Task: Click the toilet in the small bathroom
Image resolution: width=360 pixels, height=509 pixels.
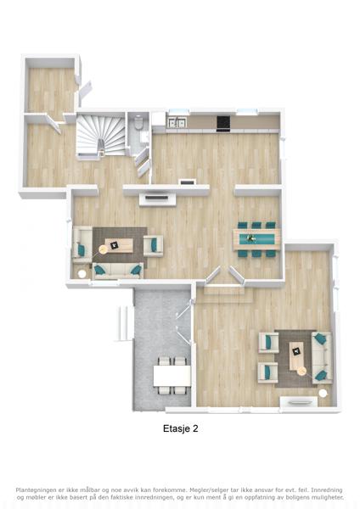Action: (x=138, y=123)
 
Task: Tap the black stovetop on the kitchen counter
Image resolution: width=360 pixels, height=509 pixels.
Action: (x=223, y=123)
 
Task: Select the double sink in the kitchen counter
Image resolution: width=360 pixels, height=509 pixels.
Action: (x=177, y=122)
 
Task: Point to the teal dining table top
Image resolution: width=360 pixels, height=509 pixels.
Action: (x=256, y=239)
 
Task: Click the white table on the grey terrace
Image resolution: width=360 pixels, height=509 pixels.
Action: (x=172, y=376)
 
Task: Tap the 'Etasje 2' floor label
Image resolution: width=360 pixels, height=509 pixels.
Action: (x=180, y=428)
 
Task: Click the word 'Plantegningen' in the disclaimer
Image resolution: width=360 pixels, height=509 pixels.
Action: (x=36, y=490)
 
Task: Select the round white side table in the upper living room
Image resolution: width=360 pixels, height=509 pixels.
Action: (x=82, y=274)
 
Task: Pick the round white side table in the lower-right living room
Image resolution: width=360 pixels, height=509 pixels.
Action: (x=323, y=393)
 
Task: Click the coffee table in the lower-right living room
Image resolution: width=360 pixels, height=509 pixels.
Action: (x=296, y=356)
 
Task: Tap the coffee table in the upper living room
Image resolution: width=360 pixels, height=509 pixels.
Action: (x=119, y=245)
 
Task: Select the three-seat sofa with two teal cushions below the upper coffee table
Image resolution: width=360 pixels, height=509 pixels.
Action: (x=118, y=271)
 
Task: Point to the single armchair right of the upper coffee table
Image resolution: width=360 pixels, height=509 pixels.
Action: (x=154, y=246)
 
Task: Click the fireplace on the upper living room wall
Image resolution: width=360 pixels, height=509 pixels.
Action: (x=158, y=199)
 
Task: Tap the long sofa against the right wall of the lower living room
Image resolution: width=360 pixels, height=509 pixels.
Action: (x=322, y=357)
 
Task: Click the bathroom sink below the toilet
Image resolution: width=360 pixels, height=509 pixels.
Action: (x=144, y=137)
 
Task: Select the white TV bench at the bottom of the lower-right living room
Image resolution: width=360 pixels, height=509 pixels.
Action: (x=299, y=402)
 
